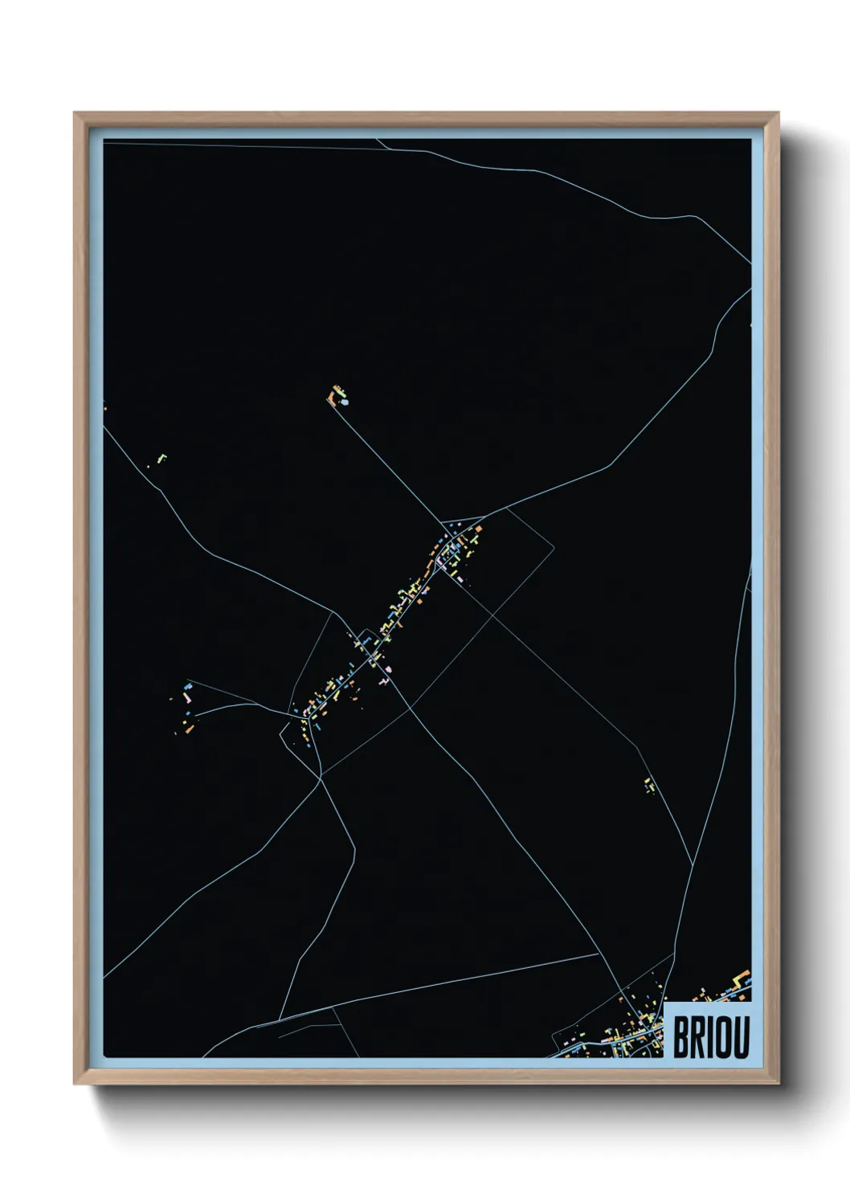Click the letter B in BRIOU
click(681, 1037)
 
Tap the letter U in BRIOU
click(739, 1037)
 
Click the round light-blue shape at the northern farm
click(345, 402)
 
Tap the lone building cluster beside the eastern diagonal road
click(649, 785)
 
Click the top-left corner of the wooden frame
click(75, 113)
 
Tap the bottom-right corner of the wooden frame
click(778, 1084)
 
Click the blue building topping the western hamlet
click(190, 688)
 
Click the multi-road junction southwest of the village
click(321, 776)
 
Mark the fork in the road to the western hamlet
click(256, 704)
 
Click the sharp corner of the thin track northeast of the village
click(553, 548)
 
